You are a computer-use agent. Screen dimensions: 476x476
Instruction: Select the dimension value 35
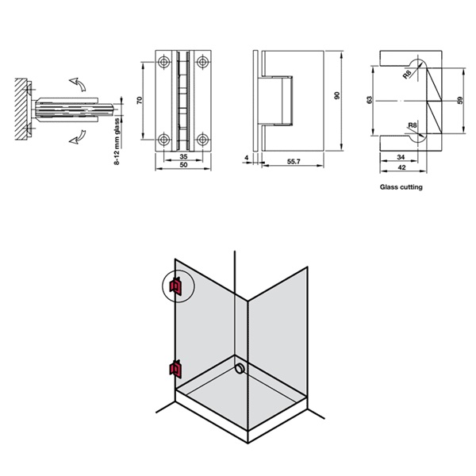point(182,157)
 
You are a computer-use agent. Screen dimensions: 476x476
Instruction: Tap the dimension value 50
point(182,166)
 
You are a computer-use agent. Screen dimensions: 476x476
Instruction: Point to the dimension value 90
point(337,95)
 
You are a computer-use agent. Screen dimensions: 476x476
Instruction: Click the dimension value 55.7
point(294,162)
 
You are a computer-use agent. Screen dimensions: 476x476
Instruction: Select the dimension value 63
point(369,101)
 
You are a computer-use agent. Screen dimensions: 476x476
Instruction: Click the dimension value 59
point(459,101)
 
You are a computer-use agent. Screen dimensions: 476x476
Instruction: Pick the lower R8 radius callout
point(413,125)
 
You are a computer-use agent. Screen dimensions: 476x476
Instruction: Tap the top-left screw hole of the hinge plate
point(163,61)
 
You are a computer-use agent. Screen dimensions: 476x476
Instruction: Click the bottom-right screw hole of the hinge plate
point(202,140)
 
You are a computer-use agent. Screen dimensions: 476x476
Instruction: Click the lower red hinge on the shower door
point(175,367)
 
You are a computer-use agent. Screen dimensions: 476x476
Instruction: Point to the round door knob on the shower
point(240,368)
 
